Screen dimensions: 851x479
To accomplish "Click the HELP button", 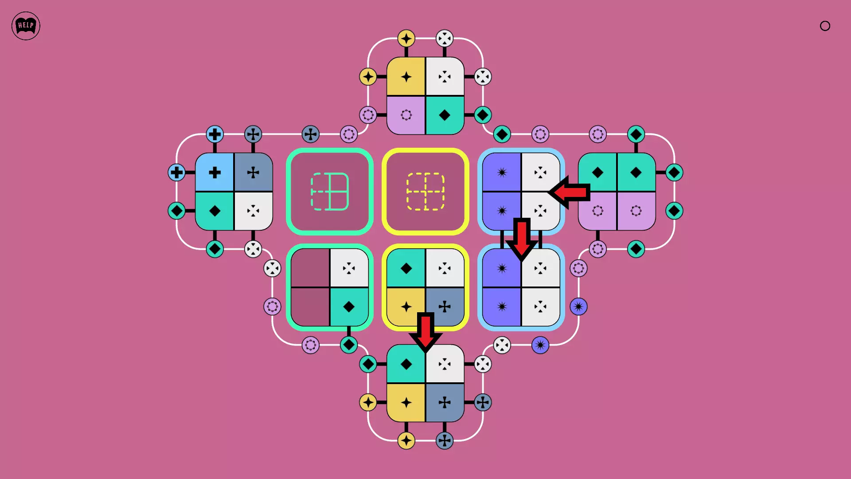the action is (x=26, y=26).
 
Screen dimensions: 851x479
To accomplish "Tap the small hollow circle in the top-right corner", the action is (x=825, y=26).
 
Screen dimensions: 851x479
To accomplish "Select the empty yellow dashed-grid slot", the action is (x=425, y=192).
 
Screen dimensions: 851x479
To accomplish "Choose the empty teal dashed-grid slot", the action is (x=330, y=192).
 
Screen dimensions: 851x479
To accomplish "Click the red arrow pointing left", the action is (x=569, y=192).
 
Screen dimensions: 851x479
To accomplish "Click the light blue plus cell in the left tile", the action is (x=215, y=172).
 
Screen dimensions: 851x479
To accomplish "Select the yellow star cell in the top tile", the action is (x=406, y=76).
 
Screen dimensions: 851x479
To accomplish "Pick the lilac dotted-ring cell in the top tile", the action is (x=406, y=115).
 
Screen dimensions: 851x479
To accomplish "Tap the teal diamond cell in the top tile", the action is (x=445, y=115).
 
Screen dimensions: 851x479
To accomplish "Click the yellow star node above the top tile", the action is (x=406, y=39).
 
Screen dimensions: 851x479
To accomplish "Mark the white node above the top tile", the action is (x=445, y=39).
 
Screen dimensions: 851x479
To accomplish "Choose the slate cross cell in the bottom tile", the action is (x=445, y=403).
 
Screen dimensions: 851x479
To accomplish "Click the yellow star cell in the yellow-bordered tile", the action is (x=406, y=306).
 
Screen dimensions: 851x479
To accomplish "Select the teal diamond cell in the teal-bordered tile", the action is (x=349, y=306).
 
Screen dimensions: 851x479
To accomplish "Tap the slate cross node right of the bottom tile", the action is (x=483, y=402).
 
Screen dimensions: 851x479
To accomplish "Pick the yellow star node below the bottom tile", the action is (x=406, y=440).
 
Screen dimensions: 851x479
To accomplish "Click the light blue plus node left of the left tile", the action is (x=176, y=172).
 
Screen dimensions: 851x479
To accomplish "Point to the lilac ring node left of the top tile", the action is (x=368, y=115).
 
